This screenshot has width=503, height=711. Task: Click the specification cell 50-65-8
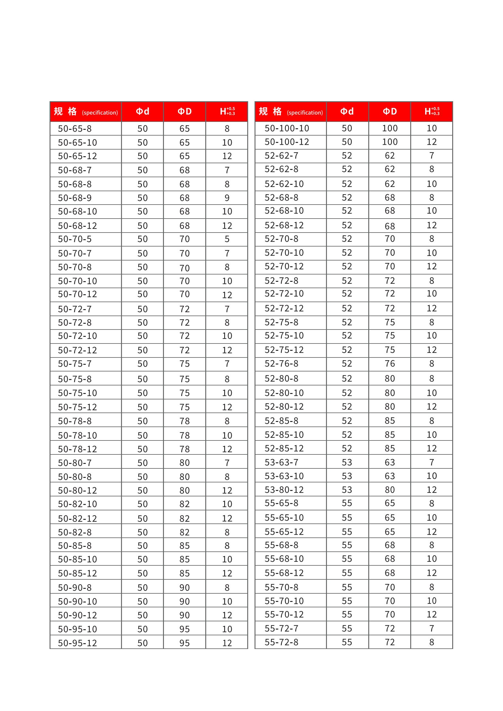click(75, 129)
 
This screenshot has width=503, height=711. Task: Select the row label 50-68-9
click(75, 198)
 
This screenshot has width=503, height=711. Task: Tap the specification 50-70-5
click(75, 239)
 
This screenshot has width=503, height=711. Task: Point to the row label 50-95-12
click(78, 643)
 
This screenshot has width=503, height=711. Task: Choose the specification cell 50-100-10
click(287, 128)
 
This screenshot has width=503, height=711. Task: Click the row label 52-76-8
click(281, 364)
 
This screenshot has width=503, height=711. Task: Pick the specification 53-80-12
click(284, 490)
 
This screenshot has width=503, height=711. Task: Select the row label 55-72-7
click(281, 628)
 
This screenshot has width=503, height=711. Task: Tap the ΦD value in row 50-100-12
click(390, 142)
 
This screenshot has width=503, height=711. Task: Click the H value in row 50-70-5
click(227, 239)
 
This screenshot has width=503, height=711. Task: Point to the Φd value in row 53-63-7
click(347, 462)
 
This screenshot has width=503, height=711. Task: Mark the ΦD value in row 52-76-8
click(390, 364)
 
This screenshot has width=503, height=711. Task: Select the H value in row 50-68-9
click(227, 198)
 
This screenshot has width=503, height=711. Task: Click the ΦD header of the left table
click(185, 112)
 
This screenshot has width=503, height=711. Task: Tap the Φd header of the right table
click(347, 112)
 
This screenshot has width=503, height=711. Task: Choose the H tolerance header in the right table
click(432, 112)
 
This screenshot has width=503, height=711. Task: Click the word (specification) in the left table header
click(100, 113)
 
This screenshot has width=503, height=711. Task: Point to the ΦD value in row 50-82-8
click(185, 532)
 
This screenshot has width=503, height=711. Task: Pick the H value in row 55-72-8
click(432, 642)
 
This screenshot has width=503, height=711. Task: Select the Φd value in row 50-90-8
click(142, 588)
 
